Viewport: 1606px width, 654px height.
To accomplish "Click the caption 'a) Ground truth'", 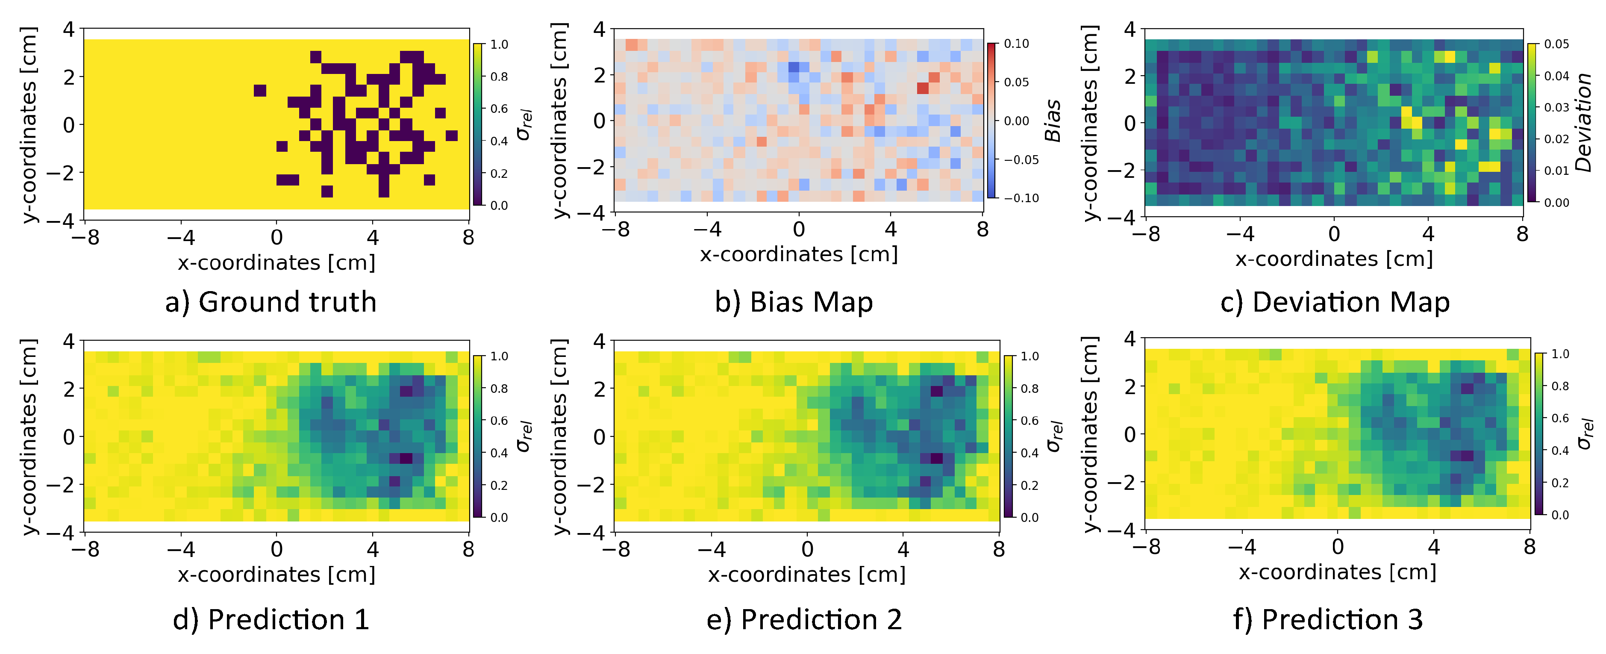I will pyautogui.click(x=271, y=302).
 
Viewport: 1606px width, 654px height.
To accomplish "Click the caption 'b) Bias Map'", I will pyautogui.click(x=794, y=302).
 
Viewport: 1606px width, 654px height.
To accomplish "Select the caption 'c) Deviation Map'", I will pyautogui.click(x=1335, y=302).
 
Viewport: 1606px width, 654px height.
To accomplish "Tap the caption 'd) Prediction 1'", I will pyautogui.click(x=271, y=620).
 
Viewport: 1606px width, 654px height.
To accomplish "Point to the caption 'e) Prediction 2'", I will pyautogui.click(x=804, y=620).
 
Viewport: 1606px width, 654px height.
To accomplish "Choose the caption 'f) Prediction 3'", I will pyautogui.click(x=1328, y=620).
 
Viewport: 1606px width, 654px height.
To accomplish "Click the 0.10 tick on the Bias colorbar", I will pyautogui.click(x=1016, y=44).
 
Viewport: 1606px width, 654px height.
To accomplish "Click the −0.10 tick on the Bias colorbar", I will pyautogui.click(x=1021, y=198).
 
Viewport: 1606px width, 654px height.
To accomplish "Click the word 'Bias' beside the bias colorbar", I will pyautogui.click(x=1053, y=120).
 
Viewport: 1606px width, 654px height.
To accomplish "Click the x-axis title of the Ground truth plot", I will pyautogui.click(x=276, y=262).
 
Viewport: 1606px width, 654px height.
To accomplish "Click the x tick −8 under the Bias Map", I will pyautogui.click(x=616, y=230).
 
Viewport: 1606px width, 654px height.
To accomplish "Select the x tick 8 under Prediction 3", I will pyautogui.click(x=1530, y=548).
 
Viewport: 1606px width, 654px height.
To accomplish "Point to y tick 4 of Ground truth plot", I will pyautogui.click(x=68, y=29).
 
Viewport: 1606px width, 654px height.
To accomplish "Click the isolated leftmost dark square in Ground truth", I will pyautogui.click(x=260, y=90).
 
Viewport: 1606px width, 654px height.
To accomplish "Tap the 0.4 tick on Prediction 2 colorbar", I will pyautogui.click(x=1029, y=453).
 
